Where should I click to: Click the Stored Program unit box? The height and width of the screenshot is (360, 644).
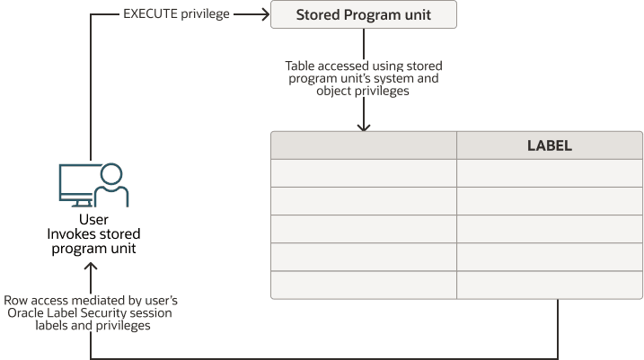363,14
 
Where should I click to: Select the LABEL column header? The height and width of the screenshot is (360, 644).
549,145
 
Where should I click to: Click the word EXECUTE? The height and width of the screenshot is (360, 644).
151,14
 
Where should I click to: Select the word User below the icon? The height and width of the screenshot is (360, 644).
93,220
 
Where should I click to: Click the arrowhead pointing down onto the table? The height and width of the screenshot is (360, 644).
364,127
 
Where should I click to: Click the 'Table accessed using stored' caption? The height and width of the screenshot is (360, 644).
363,66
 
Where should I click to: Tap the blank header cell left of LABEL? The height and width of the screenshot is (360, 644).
363,145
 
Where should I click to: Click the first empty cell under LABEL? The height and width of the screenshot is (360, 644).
549,173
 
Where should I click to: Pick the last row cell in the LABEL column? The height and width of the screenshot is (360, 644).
549,285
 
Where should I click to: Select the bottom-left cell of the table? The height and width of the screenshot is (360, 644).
363,285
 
